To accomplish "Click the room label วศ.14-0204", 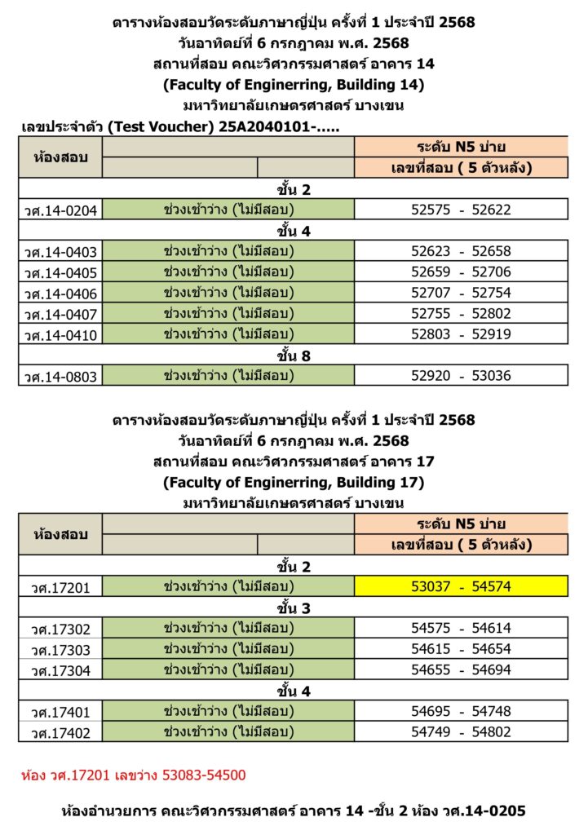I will [x=61, y=211].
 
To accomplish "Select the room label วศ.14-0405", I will [x=61, y=272].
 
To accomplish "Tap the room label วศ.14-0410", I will [x=61, y=335].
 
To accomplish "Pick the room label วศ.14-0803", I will [x=61, y=377].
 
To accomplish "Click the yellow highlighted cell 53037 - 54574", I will [x=461, y=586].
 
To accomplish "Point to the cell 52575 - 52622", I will [x=461, y=210].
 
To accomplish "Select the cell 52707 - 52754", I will [x=461, y=293].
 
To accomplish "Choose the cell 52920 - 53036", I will [x=461, y=376].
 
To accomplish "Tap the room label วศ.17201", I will [x=61, y=587].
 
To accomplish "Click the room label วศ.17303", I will [x=61, y=649].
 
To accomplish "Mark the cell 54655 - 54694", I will [x=461, y=669].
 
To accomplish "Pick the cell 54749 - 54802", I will [x=461, y=731].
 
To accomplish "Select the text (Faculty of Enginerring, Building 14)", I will [x=294, y=84].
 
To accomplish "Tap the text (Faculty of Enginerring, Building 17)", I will [x=294, y=482].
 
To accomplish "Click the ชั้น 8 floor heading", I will [x=294, y=356].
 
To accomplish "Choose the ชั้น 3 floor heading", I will [x=294, y=607].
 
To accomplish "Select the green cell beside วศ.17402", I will [x=228, y=731].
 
